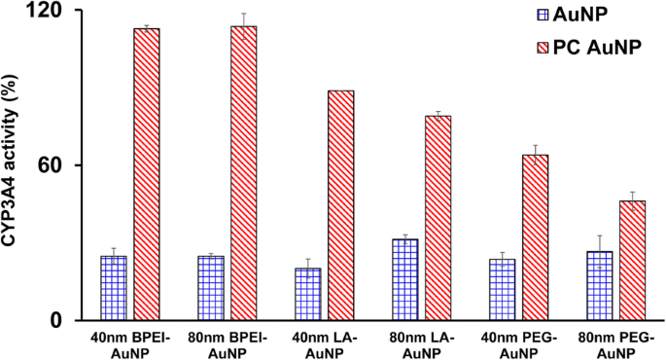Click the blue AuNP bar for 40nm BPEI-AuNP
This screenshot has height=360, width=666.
[114, 288]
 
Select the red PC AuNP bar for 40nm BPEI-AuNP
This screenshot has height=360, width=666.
[147, 175]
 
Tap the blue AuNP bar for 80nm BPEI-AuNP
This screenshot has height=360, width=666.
[211, 288]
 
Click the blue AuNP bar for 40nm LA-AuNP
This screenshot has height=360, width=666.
[308, 294]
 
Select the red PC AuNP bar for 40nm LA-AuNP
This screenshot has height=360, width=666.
[341, 205]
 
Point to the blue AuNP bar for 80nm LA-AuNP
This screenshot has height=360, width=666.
[405, 279]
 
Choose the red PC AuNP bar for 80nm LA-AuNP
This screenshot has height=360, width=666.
[438, 218]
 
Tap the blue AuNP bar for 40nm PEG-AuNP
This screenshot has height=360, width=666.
[503, 289]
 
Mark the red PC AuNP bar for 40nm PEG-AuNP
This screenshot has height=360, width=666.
[536, 237]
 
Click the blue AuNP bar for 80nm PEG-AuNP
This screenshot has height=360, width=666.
[600, 285]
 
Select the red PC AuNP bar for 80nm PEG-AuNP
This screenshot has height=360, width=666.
[633, 261]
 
